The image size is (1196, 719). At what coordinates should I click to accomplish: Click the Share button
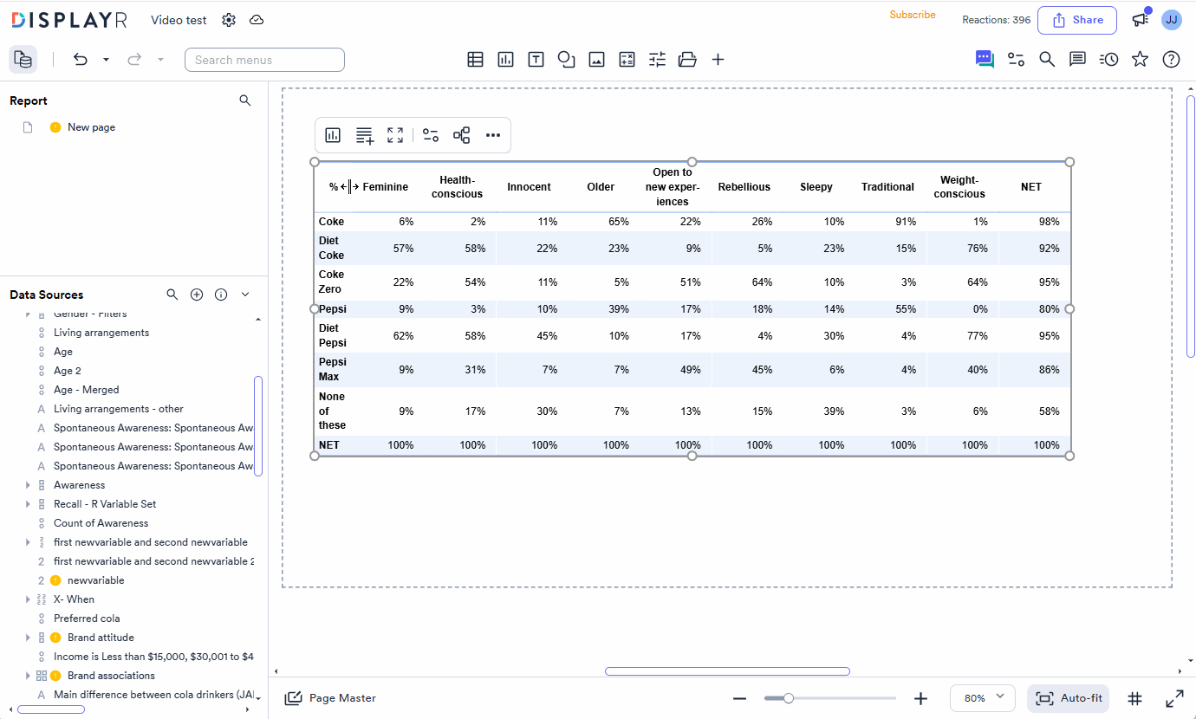(1077, 20)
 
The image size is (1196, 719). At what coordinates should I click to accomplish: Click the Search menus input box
(264, 60)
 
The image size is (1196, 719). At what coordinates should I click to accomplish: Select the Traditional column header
(887, 187)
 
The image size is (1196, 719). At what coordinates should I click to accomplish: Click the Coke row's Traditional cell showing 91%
(906, 222)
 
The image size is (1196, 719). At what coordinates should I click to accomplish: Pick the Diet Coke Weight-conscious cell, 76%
(977, 249)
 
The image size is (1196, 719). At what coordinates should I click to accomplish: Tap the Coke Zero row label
(331, 282)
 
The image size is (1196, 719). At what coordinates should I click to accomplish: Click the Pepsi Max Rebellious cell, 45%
(762, 369)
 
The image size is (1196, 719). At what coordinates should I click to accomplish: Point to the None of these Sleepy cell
(834, 411)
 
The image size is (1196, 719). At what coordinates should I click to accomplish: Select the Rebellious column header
(744, 187)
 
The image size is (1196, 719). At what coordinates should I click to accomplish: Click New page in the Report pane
(91, 127)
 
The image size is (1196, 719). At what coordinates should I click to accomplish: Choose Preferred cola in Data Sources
(87, 619)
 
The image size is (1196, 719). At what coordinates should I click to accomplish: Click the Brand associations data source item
(111, 675)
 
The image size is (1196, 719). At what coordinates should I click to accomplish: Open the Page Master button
(330, 698)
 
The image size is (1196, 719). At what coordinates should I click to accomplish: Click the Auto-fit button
(1069, 698)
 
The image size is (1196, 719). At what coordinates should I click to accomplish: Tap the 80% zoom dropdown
(983, 698)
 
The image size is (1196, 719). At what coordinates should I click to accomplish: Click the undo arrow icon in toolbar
(80, 59)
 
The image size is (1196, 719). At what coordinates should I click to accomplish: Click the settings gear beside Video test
(229, 20)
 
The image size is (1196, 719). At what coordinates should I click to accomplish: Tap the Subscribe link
(913, 15)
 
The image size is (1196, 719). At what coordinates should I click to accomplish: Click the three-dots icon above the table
(493, 135)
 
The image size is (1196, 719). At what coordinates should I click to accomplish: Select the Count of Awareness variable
(101, 523)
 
